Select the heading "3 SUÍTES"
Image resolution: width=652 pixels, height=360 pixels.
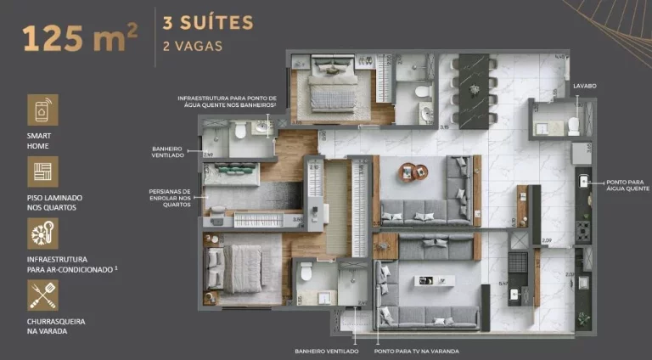click(207, 22)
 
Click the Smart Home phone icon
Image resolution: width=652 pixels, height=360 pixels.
click(42, 110)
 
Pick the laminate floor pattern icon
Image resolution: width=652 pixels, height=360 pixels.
click(42, 172)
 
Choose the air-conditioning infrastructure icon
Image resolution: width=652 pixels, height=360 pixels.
click(42, 233)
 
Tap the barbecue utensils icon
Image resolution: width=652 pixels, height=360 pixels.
click(42, 295)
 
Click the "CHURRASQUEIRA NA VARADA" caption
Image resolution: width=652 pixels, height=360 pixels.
click(56, 327)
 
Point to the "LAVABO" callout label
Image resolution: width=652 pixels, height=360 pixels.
click(584, 86)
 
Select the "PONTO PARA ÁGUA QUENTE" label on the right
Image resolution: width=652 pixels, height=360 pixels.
click(627, 185)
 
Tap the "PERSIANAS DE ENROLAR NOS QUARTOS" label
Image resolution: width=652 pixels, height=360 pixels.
click(170, 198)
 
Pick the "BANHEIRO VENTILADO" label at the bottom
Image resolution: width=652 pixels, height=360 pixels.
click(326, 351)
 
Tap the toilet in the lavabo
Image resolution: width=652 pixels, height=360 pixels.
click(573, 126)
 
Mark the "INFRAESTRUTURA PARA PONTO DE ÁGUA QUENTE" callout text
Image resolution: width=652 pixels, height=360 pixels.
click(228, 102)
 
